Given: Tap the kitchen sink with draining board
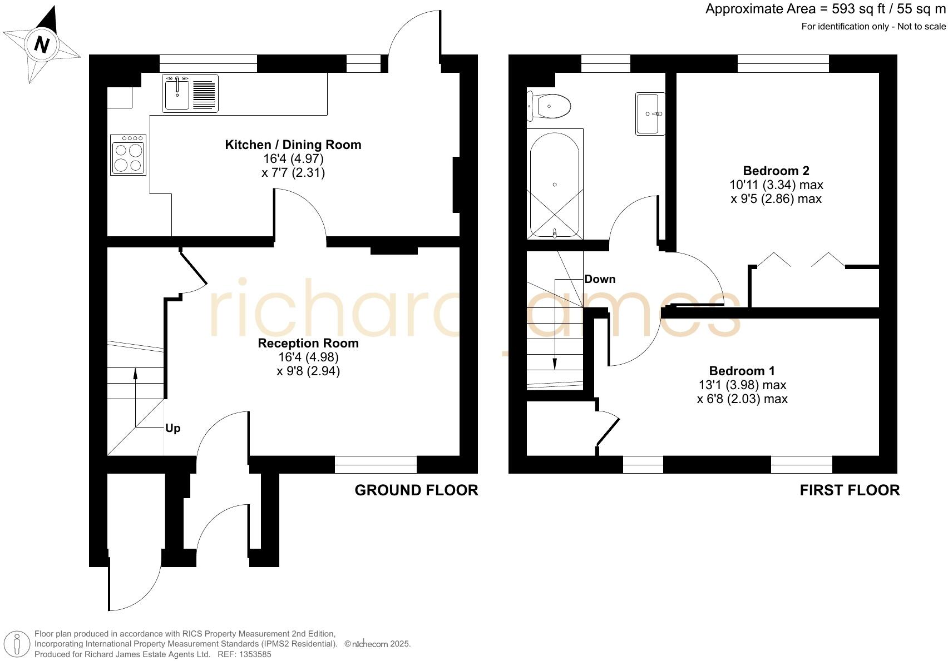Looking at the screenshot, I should (x=190, y=93).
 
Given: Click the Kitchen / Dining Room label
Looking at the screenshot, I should (x=293, y=145).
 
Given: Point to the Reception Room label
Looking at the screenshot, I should (x=308, y=344).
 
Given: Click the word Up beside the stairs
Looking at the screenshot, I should (x=172, y=429).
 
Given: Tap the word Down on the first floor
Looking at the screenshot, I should (x=600, y=279).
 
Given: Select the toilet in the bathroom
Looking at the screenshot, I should (x=550, y=106).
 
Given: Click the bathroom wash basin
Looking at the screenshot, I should (x=650, y=114).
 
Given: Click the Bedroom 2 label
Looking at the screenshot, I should (x=776, y=171).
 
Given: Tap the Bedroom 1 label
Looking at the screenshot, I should (x=742, y=371).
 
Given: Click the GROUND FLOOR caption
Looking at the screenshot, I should (x=416, y=490).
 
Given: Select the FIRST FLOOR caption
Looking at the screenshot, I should (x=849, y=490).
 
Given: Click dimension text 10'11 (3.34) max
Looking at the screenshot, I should (x=776, y=185).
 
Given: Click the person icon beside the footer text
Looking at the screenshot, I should (x=18, y=644).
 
